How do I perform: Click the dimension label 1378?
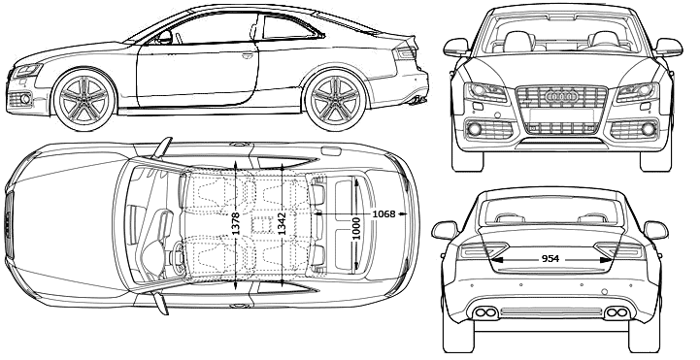tap(236, 223)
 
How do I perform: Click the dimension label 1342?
tap(283, 223)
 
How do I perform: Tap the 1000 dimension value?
tap(355, 228)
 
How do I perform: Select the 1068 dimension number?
tap(383, 214)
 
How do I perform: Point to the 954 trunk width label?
tap(550, 259)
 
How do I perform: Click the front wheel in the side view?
tap(84, 100)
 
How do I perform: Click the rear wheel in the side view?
tap(336, 100)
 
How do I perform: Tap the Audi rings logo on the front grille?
tap(561, 96)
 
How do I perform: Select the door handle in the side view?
tap(248, 55)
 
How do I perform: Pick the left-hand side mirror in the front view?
tap(456, 47)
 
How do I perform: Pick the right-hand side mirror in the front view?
tap(668, 47)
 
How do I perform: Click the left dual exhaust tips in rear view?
tap(485, 312)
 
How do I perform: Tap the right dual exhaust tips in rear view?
tap(617, 312)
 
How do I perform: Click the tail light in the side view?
tap(406, 52)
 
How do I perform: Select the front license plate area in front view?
tap(561, 115)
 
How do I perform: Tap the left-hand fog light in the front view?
tap(475, 129)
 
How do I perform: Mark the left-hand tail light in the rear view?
tap(483, 250)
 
